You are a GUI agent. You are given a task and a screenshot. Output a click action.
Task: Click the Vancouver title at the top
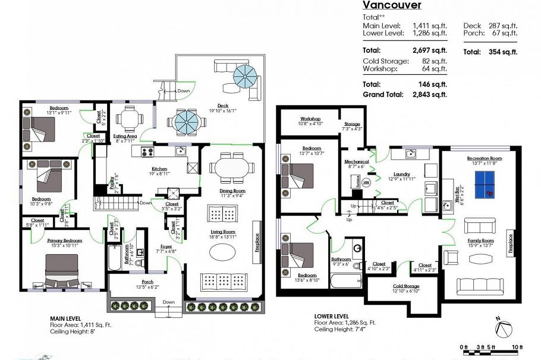click(x=392, y=5)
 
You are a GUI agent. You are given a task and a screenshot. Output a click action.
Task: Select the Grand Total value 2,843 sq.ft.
click(x=428, y=94)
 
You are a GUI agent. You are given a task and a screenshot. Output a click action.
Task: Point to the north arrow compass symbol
click(x=504, y=327)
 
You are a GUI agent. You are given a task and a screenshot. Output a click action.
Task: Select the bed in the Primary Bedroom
click(x=62, y=270)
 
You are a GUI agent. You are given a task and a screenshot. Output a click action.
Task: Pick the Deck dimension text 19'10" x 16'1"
click(x=222, y=110)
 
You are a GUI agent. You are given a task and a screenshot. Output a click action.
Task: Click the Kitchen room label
click(x=159, y=168)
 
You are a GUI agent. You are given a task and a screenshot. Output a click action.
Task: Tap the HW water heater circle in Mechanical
click(x=366, y=183)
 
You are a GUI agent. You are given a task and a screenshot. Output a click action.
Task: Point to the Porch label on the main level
click(x=147, y=282)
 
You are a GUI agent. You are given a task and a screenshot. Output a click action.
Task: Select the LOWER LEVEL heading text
click(x=334, y=316)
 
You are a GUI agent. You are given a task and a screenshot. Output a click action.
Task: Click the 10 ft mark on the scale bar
click(x=517, y=347)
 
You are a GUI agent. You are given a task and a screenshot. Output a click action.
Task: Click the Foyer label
click(x=166, y=247)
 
